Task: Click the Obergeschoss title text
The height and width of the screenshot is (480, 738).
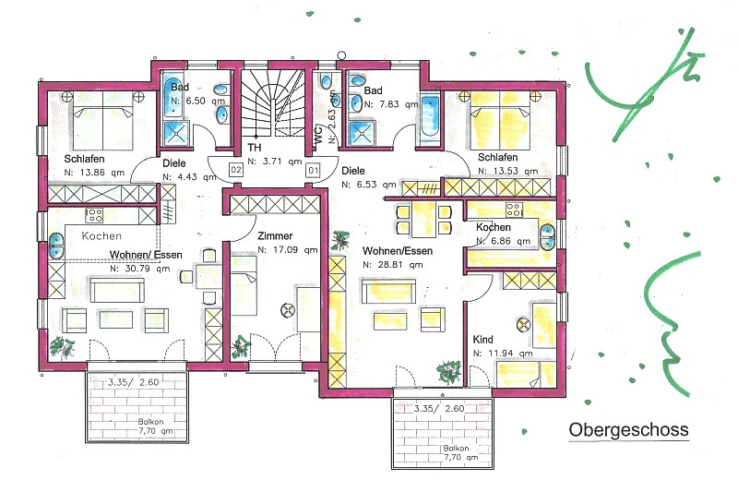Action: pyautogui.click(x=628, y=430)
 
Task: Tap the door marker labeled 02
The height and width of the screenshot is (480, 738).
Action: pyautogui.click(x=236, y=170)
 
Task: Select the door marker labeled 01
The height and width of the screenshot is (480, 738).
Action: pyautogui.click(x=313, y=170)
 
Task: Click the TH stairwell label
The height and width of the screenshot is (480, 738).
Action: pyautogui.click(x=255, y=148)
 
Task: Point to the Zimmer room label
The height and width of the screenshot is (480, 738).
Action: pyautogui.click(x=275, y=235)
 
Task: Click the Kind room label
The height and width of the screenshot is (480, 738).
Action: pyautogui.click(x=482, y=340)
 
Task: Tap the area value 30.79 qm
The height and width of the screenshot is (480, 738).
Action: pyautogui.click(x=140, y=269)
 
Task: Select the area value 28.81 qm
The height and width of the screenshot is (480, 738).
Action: pyautogui.click(x=393, y=265)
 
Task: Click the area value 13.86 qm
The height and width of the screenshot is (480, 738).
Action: pyautogui.click(x=94, y=173)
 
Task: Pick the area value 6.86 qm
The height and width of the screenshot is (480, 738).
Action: pyautogui.click(x=503, y=241)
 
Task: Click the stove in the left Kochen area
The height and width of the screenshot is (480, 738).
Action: pyautogui.click(x=94, y=216)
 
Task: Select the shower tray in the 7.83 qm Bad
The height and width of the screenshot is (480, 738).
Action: pyautogui.click(x=363, y=133)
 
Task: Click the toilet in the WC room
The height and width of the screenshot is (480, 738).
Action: pyautogui.click(x=326, y=81)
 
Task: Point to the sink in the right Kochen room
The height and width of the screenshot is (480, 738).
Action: pyautogui.click(x=547, y=237)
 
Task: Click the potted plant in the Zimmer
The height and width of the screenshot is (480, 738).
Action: pyautogui.click(x=241, y=347)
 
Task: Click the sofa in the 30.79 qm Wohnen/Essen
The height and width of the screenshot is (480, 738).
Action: pyautogui.click(x=117, y=290)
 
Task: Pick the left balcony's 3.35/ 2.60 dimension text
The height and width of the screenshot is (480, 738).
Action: pyautogui.click(x=134, y=382)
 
